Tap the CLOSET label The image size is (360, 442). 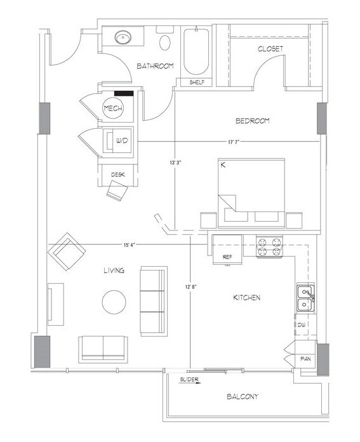coord(270,48)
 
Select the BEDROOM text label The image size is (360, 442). coord(253,121)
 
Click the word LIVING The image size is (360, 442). coord(114,271)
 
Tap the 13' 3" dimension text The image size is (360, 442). coord(175,163)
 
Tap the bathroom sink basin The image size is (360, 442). coord(124,38)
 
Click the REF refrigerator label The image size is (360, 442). coord(227,256)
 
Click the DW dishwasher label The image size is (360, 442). coord(303,325)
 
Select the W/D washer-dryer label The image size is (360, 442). coord(121,140)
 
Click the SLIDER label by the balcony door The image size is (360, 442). coord(189,379)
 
